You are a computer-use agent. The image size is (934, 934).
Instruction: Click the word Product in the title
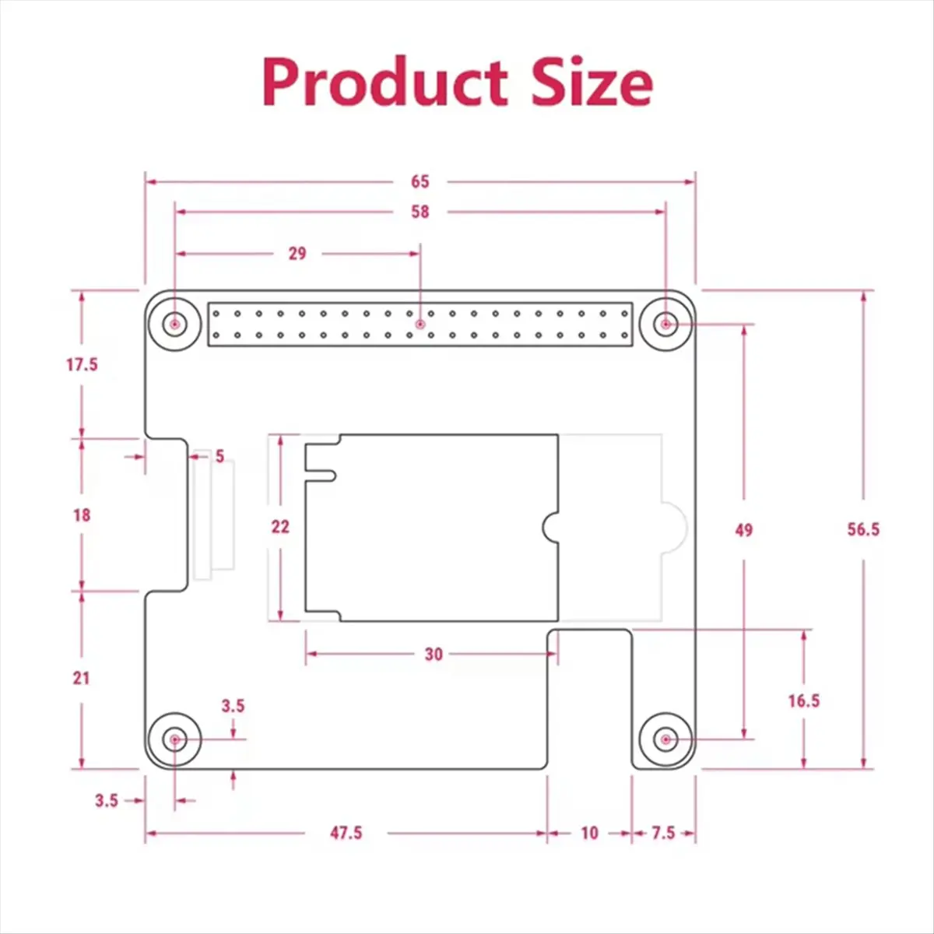point(385,83)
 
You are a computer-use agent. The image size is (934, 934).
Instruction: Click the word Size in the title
point(592,83)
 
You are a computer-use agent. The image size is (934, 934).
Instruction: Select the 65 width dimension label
point(420,181)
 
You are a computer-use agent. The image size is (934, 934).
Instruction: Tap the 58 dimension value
point(420,212)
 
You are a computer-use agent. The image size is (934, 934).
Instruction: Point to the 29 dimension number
point(297,253)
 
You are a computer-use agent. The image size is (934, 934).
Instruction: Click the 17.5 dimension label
point(82,364)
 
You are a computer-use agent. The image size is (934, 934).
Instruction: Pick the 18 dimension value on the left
point(82,514)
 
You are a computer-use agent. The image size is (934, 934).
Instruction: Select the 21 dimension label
point(82,678)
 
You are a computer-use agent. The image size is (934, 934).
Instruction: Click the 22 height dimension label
point(280,527)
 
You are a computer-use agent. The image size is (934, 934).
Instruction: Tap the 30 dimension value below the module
point(434,654)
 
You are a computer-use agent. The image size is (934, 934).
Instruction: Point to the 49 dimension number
point(744,529)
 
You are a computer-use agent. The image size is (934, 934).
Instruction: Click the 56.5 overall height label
point(863,529)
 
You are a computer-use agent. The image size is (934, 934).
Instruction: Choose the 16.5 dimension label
point(803,700)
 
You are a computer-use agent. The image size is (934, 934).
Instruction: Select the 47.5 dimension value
point(346,833)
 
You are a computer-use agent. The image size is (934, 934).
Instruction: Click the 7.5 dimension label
point(663,833)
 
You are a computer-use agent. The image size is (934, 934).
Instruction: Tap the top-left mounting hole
point(175,323)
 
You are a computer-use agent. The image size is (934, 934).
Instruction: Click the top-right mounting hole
point(665,323)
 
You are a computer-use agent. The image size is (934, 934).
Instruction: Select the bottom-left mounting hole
point(175,739)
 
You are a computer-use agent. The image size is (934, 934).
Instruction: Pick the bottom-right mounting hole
point(665,739)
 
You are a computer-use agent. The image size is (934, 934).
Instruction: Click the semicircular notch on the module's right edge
point(551,527)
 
